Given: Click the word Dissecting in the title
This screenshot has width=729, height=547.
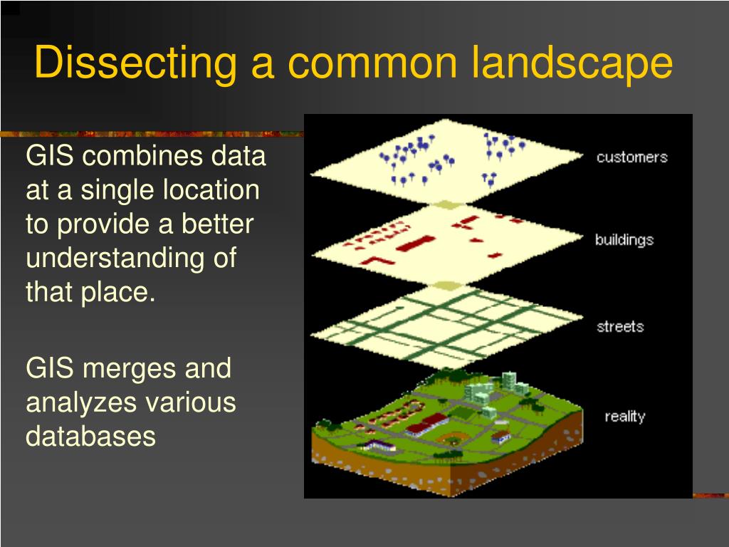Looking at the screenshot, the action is pyautogui.click(x=135, y=63).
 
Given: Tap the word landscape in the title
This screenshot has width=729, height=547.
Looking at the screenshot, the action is pyautogui.click(x=572, y=63).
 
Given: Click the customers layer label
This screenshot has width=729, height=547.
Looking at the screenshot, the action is pyautogui.click(x=632, y=157).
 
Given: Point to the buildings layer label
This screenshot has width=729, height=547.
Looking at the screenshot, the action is pyautogui.click(x=624, y=240).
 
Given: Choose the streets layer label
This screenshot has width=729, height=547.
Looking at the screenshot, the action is pyautogui.click(x=620, y=326).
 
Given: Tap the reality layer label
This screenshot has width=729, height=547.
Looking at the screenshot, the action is pyautogui.click(x=625, y=416).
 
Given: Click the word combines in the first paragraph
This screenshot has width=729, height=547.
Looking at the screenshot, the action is pyautogui.click(x=142, y=155).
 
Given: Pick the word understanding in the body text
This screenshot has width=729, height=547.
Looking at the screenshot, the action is pyautogui.click(x=115, y=259).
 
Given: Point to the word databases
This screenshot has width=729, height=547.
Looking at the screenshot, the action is pyautogui.click(x=90, y=437).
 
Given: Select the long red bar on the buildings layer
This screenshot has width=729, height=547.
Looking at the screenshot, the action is pyautogui.click(x=415, y=243).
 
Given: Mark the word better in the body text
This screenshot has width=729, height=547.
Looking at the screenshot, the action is pyautogui.click(x=217, y=224).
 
